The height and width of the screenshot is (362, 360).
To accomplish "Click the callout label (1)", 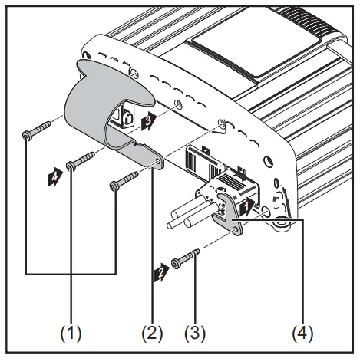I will tap(71, 334).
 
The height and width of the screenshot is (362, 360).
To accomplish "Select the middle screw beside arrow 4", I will tap(81, 159).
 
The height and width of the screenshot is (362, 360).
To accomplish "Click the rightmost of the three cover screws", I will tap(124, 180).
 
